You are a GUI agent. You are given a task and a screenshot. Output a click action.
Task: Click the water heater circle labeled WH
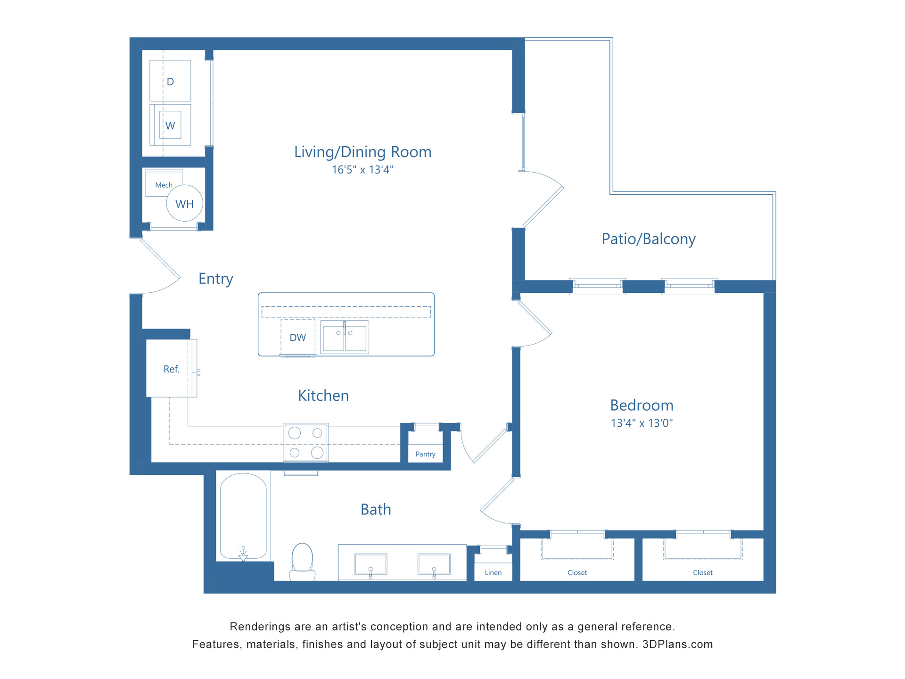(x=184, y=204)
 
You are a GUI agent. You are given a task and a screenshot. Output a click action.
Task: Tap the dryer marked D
(x=170, y=81)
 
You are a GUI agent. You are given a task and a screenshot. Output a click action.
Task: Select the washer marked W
(x=170, y=125)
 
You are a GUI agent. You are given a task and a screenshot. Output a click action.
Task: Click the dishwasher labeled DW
(x=297, y=338)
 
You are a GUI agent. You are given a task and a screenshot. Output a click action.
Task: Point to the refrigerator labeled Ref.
(x=171, y=369)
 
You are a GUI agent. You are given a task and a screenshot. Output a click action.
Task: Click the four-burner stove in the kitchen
(x=306, y=442)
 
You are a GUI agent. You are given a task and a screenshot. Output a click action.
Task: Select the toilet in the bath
(x=302, y=561)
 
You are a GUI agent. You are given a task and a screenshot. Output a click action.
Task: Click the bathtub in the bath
(x=243, y=516)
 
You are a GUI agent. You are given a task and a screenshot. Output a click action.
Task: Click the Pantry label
(x=425, y=454)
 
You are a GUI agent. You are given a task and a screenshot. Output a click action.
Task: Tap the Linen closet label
(x=493, y=572)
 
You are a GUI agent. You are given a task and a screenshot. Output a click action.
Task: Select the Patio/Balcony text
(x=648, y=239)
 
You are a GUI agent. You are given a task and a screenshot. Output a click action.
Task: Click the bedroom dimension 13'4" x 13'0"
(x=642, y=423)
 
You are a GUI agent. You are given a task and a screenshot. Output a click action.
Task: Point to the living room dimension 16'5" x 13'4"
(x=362, y=170)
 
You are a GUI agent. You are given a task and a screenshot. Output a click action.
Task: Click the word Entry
(x=216, y=279)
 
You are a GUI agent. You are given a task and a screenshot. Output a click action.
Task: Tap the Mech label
(x=164, y=185)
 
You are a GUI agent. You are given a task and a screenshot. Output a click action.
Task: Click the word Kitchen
(x=323, y=396)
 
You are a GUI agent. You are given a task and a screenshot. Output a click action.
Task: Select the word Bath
(x=376, y=509)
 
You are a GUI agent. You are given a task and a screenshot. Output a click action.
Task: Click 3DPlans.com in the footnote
(x=677, y=644)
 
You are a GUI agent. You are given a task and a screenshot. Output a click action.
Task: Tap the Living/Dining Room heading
(x=362, y=152)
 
